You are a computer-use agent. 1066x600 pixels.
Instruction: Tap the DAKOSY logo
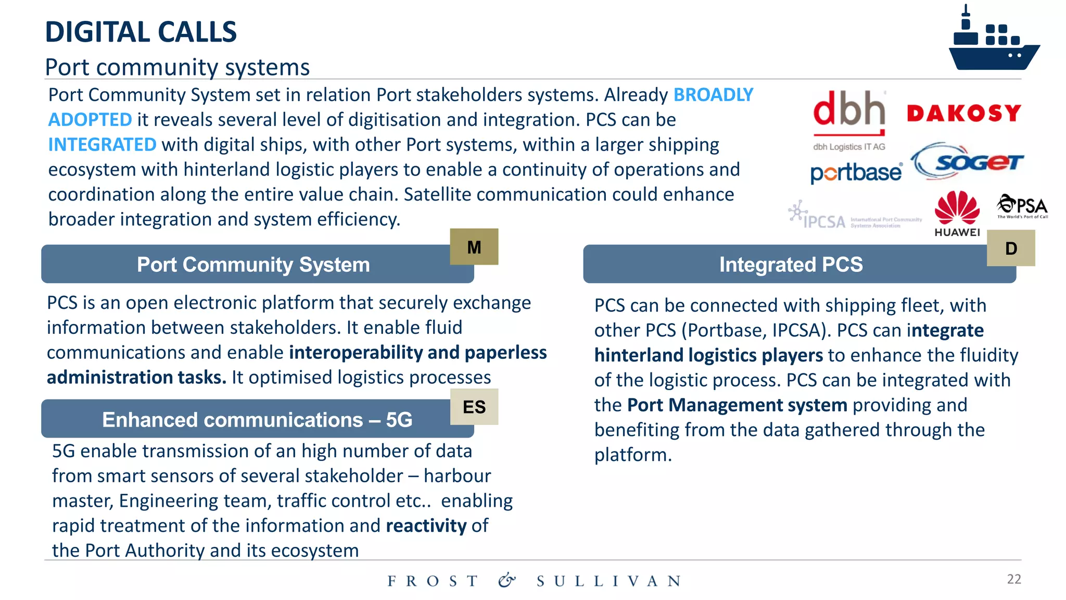pyautogui.click(x=964, y=113)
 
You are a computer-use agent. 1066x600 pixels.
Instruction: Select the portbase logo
pyautogui.click(x=856, y=172)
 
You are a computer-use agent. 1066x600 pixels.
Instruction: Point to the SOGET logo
pyautogui.click(x=968, y=162)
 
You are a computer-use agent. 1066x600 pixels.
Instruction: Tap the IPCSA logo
pyautogui.click(x=854, y=216)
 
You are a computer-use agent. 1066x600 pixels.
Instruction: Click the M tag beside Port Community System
pyautogui.click(x=474, y=247)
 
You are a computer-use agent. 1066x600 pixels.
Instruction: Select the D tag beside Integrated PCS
pyautogui.click(x=1011, y=248)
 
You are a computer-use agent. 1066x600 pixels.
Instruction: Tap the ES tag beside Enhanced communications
pyautogui.click(x=474, y=407)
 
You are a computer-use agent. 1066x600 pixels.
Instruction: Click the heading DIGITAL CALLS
pyautogui.click(x=141, y=32)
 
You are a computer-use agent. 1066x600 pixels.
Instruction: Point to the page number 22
pyautogui.click(x=1013, y=579)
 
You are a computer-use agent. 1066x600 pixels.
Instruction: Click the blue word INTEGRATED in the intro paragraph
pyautogui.click(x=102, y=145)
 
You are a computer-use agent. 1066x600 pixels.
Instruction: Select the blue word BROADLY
pyautogui.click(x=713, y=95)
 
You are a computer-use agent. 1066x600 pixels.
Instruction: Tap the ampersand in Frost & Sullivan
pyautogui.click(x=506, y=580)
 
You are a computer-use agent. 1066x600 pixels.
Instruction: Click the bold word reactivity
pyautogui.click(x=426, y=526)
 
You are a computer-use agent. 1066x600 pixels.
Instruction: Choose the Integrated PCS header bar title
pyautogui.click(x=791, y=265)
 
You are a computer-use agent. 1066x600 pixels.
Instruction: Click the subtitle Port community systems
pyautogui.click(x=177, y=67)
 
